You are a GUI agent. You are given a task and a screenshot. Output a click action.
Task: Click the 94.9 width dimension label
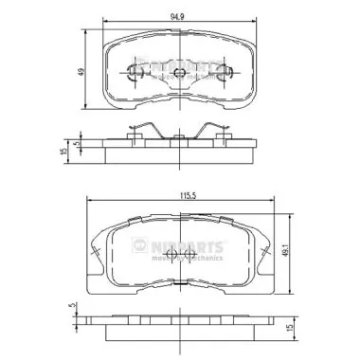(176, 15)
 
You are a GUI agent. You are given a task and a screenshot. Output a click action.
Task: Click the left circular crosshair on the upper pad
(133, 69)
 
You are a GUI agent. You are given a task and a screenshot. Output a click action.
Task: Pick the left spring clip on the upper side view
(138, 133)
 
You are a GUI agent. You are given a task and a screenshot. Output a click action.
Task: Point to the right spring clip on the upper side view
(216, 133)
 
